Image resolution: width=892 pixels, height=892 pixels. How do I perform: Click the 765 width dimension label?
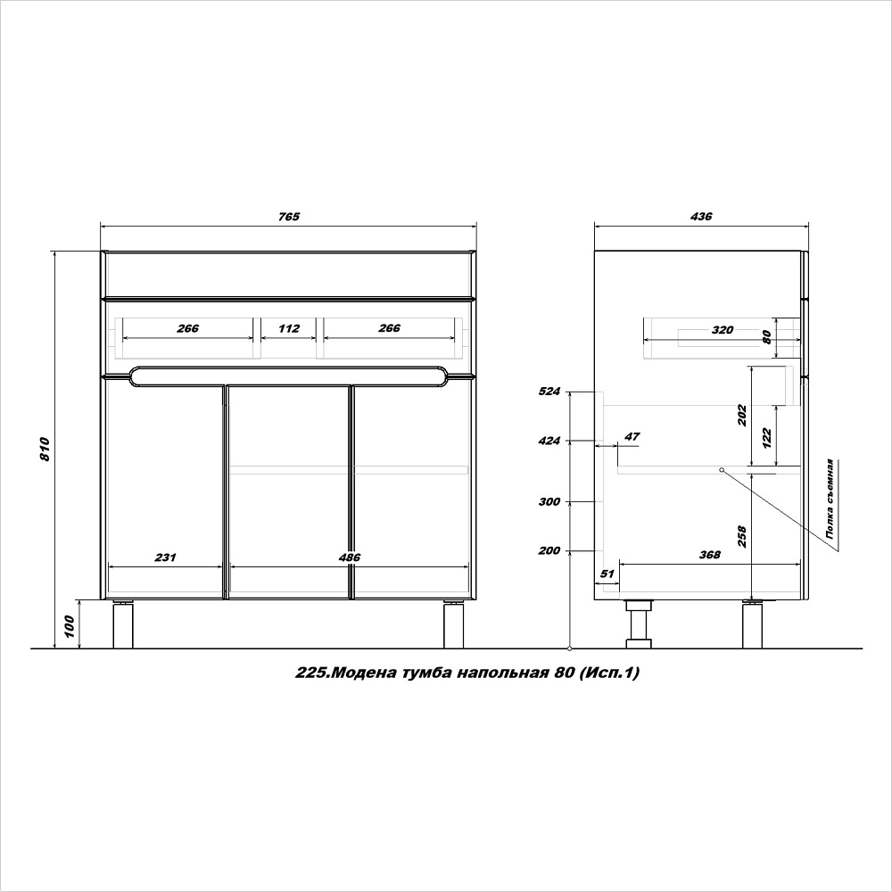coord(288,217)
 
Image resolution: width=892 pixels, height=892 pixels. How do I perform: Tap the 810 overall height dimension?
coord(45,449)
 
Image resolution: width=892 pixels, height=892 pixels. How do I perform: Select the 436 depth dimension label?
coord(701,217)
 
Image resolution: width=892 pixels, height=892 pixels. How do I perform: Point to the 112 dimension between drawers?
coord(289,328)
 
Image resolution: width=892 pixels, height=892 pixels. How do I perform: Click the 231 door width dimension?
coord(165,557)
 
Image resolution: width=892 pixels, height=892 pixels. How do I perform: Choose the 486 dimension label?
coord(350,557)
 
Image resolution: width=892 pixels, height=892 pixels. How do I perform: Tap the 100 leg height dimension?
coord(70,626)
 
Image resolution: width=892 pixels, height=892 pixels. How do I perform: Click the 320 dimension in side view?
coord(723,330)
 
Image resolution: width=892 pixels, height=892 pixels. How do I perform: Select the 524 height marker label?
coord(549,392)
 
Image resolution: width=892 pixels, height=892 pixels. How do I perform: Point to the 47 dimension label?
coord(632,437)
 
